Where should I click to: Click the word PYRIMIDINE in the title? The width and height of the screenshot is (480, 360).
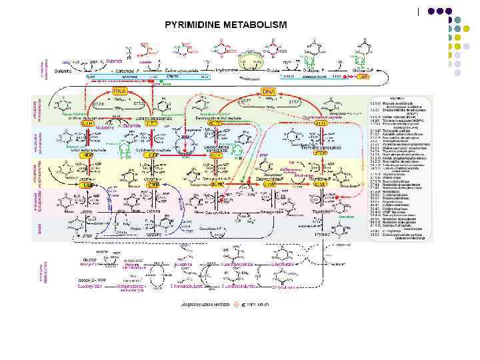pyautogui.click(x=195, y=25)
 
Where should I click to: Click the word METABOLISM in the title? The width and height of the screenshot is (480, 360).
pyautogui.click(x=256, y=25)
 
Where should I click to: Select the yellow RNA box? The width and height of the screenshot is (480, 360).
pyautogui.click(x=119, y=91)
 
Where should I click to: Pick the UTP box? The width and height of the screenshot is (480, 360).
pyautogui.click(x=87, y=124)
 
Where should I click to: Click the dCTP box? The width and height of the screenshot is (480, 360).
pyautogui.click(x=215, y=124)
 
